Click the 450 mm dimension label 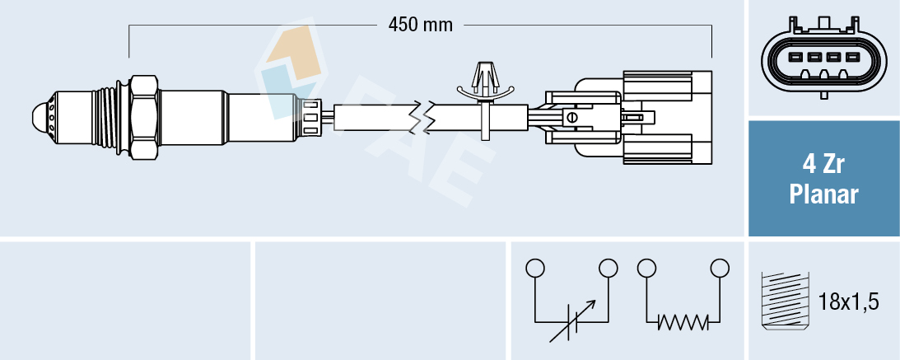[x=421, y=25]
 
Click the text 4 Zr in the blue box [x=823, y=164]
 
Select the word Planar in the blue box [x=823, y=194]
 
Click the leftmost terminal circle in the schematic [x=535, y=268]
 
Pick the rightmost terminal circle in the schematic [x=720, y=268]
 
